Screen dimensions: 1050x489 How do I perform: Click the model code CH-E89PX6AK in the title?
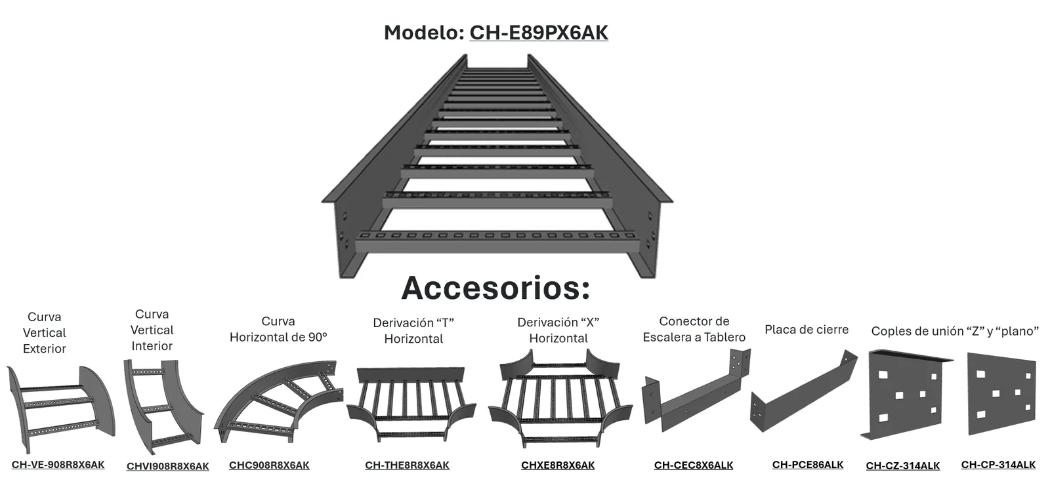[x=539, y=33]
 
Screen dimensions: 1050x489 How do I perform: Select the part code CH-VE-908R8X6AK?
[x=58, y=465]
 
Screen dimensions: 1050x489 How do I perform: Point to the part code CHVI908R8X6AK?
[x=168, y=467]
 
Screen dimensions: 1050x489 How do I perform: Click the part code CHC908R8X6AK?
[x=269, y=465]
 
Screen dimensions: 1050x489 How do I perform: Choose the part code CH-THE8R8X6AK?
[x=407, y=465]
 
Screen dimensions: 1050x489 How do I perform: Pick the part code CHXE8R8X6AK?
[x=558, y=465]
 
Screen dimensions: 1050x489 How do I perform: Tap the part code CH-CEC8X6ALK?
[x=694, y=465]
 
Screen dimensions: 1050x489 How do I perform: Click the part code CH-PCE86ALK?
[x=808, y=465]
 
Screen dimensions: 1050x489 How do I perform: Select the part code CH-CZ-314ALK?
[x=903, y=466]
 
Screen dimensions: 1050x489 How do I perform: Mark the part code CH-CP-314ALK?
[x=998, y=465]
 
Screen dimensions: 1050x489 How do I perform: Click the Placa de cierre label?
[x=807, y=330]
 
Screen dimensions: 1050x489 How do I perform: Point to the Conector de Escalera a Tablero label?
[x=694, y=329]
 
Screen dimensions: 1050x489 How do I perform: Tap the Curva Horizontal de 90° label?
[x=278, y=329]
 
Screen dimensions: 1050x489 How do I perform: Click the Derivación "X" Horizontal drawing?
[x=560, y=398]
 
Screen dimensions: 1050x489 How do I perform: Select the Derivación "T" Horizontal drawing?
[x=411, y=404]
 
